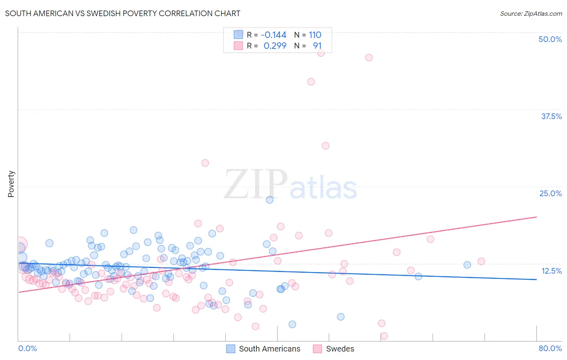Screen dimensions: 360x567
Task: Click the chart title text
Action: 123,13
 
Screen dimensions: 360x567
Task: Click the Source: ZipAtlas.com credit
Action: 531,13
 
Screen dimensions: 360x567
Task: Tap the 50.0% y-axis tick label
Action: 550,39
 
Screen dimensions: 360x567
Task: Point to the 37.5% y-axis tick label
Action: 551,116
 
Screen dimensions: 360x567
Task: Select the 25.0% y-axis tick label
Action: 550,193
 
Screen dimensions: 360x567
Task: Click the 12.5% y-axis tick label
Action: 551,271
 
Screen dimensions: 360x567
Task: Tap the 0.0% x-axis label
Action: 27,348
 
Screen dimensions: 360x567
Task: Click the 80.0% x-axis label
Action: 550,348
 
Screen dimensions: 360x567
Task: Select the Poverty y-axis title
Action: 11,184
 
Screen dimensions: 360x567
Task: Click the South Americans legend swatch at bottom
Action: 231,349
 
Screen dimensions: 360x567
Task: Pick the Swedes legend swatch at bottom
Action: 318,349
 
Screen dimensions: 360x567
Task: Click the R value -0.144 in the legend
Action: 273,35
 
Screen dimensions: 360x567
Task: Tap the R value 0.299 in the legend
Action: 275,46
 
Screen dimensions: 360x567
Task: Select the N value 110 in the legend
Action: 315,35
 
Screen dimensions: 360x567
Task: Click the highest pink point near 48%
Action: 321,52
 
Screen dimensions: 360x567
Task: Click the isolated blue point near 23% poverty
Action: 270,199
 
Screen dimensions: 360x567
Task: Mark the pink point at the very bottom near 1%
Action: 384,336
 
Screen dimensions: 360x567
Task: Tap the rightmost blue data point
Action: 467,265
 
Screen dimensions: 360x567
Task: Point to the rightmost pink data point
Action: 481,261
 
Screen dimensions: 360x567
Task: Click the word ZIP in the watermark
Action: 255,185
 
